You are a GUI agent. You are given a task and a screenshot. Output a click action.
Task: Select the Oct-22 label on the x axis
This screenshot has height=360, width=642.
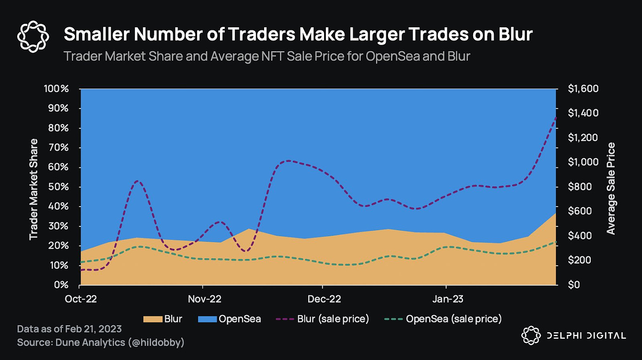pyautogui.click(x=81, y=298)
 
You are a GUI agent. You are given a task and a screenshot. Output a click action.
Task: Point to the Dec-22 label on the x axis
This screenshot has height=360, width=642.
pyautogui.click(x=324, y=298)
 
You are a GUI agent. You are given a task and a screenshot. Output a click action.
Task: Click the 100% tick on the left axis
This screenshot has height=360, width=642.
pyautogui.click(x=56, y=89)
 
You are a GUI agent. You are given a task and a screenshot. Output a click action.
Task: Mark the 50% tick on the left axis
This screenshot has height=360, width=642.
pyautogui.click(x=59, y=187)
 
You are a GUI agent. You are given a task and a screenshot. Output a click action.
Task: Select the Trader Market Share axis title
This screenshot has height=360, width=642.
pyautogui.click(x=34, y=189)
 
